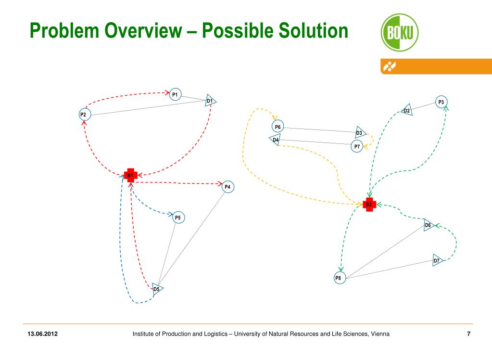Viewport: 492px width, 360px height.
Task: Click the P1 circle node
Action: click(x=175, y=94)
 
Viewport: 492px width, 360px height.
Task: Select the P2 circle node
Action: click(x=84, y=115)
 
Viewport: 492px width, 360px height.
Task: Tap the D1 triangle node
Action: click(x=210, y=101)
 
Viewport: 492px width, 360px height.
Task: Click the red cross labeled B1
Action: click(x=130, y=175)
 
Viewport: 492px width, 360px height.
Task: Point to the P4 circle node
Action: click(x=228, y=187)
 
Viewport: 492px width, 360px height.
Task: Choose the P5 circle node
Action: click(x=178, y=218)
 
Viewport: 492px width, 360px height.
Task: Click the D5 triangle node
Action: click(x=157, y=289)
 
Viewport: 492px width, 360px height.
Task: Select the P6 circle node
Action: click(x=278, y=127)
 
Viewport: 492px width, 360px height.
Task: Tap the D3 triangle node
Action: click(x=360, y=133)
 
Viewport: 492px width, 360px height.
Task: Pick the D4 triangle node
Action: click(x=275, y=141)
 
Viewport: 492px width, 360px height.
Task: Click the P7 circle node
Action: click(x=357, y=146)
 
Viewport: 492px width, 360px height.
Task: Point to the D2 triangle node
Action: click(x=406, y=111)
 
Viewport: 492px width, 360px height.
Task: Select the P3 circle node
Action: click(x=441, y=102)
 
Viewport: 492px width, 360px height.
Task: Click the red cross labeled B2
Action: click(x=369, y=205)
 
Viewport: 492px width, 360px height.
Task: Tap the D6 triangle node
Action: click(x=429, y=225)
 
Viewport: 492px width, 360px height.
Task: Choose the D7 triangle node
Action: click(x=437, y=260)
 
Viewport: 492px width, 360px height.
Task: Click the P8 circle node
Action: click(x=340, y=278)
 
